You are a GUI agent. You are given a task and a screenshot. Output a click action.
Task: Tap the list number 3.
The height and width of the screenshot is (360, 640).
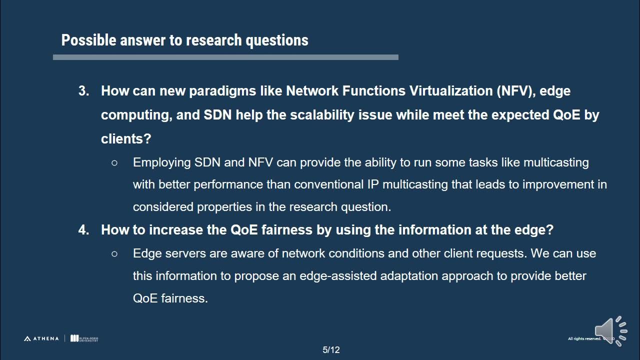coord(83,91)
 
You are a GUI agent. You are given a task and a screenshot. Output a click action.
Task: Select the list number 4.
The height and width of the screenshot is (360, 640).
coord(83,230)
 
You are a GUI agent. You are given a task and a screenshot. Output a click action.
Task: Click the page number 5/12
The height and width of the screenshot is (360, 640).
coord(331,350)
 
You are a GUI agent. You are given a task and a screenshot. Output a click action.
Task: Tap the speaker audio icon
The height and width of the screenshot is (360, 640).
coord(610,330)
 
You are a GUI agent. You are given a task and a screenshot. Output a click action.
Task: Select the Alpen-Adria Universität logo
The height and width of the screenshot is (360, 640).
coord(84,338)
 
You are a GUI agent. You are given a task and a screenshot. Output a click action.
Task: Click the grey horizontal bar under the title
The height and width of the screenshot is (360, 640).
coord(225,57)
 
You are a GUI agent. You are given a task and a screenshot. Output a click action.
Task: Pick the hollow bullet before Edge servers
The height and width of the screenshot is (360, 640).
coord(114,253)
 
